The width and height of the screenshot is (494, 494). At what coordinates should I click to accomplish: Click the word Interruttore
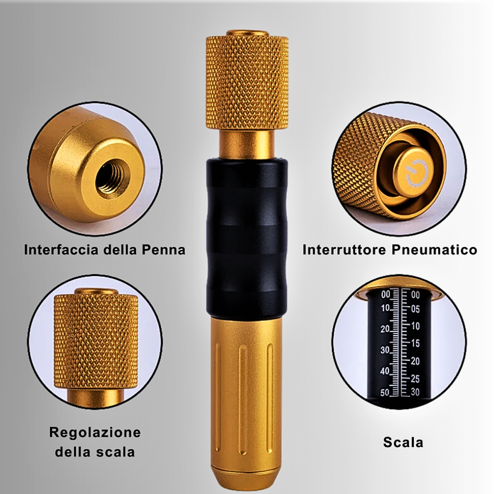(x=344, y=250)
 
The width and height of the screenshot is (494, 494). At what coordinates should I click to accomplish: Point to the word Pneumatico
(x=434, y=250)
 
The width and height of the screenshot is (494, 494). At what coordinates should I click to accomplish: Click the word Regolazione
(x=95, y=433)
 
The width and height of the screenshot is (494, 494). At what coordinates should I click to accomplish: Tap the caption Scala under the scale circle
(x=403, y=442)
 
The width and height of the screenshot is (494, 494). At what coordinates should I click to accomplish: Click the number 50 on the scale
(x=385, y=393)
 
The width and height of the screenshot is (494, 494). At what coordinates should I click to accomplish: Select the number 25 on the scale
(x=415, y=379)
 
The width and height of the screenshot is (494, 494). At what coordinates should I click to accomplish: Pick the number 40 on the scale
(x=385, y=371)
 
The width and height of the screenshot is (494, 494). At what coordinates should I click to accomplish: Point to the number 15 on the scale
(x=415, y=343)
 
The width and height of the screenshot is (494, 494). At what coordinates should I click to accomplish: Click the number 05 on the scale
(x=415, y=309)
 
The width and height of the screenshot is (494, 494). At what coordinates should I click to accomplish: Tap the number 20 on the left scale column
(x=385, y=329)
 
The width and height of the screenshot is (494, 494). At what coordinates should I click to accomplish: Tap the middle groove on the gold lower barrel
(x=243, y=400)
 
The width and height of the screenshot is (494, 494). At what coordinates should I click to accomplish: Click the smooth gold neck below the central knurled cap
(x=247, y=144)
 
